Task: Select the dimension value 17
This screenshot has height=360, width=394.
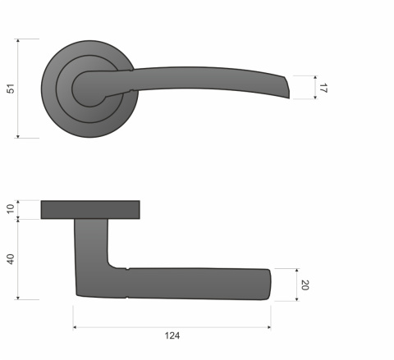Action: (x=323, y=88)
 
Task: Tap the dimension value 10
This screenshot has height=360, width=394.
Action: (x=10, y=209)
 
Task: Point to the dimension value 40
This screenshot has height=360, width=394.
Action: (x=10, y=258)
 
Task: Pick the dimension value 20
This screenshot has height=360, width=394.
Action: (x=305, y=285)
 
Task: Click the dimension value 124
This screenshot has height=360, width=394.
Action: (x=172, y=335)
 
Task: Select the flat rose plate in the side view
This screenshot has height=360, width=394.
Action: (x=89, y=209)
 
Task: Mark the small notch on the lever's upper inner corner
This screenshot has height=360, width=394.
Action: (x=129, y=268)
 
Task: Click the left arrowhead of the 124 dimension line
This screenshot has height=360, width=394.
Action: (x=75, y=327)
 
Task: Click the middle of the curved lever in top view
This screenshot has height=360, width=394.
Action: (x=205, y=78)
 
